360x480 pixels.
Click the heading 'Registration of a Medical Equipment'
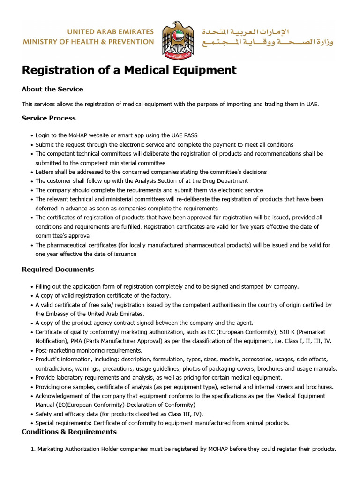[x=129, y=70]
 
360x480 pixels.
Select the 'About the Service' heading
[x=52, y=89]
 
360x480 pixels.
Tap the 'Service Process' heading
[x=49, y=118]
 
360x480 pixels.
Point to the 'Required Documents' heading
[x=58, y=270]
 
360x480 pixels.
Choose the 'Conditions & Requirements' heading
[x=69, y=432]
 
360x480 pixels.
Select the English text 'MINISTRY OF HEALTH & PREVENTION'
[x=89, y=42]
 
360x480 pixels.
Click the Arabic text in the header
[x=267, y=37]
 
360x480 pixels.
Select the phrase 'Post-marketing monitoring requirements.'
[x=89, y=350]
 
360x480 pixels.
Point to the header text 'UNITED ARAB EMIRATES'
[x=111, y=32]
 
